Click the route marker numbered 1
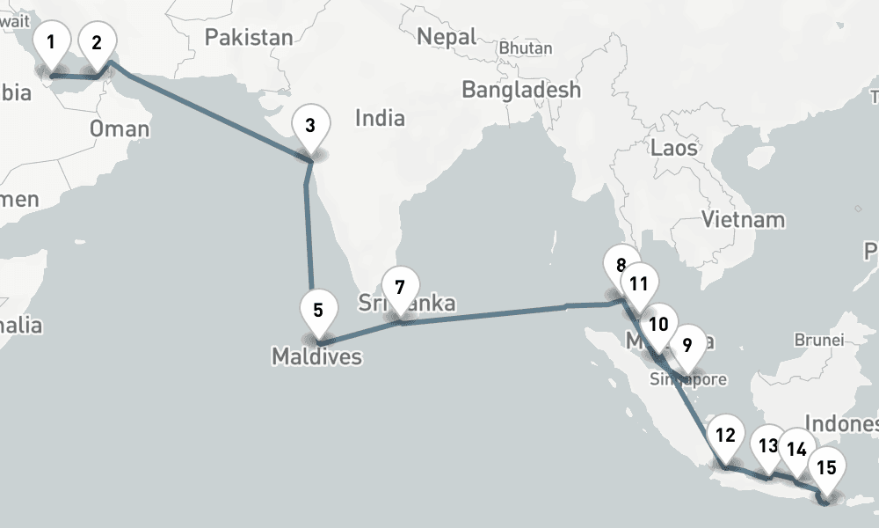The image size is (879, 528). point(51,42)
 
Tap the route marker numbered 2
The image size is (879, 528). point(97,42)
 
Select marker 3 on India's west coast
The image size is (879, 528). point(309,125)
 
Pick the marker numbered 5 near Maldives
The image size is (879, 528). point(317,310)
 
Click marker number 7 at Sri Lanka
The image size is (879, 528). point(400,287)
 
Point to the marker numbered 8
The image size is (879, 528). point(621,265)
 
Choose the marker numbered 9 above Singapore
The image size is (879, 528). point(687,343)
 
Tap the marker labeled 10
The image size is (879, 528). point(658,324)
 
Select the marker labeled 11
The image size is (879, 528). point(639,283)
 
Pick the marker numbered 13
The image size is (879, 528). point(769,445)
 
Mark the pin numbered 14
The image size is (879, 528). point(796,449)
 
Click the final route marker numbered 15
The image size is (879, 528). point(826,467)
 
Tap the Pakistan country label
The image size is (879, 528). point(249,37)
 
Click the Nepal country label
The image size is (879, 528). point(447,37)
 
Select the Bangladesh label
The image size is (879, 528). point(521,90)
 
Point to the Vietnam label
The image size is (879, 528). point(743,219)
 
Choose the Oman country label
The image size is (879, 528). point(120,129)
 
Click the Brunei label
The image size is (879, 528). point(818,339)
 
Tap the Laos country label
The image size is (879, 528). point(674,147)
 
